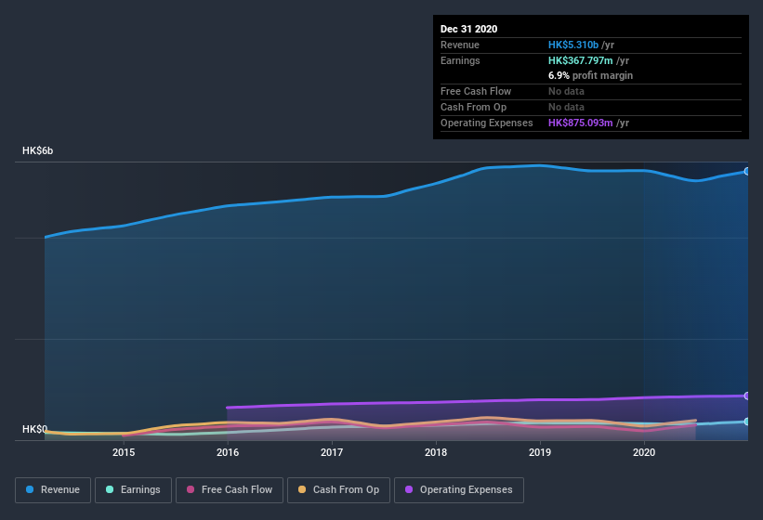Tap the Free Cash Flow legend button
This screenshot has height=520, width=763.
[x=230, y=489]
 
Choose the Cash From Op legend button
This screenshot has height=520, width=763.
[x=339, y=489]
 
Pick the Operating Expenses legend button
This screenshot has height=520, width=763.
[x=459, y=489]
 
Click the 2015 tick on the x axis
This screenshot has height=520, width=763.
[x=124, y=452]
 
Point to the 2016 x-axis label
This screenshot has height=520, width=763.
[x=228, y=452]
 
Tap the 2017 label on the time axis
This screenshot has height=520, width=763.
[x=332, y=452]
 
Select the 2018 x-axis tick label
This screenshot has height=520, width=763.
[x=436, y=452]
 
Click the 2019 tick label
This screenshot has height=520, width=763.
[x=540, y=452]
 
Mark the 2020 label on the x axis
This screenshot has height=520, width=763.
[x=644, y=452]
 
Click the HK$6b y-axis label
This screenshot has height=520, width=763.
[x=38, y=150]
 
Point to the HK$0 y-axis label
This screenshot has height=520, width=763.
[x=34, y=429]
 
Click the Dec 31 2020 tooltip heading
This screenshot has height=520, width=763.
[x=469, y=29]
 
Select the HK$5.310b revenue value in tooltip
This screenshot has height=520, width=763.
[x=573, y=45]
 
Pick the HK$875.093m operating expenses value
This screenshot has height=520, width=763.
[x=582, y=123]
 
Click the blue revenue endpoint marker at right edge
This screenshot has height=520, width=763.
[x=746, y=171]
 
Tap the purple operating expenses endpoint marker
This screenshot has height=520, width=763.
[x=746, y=396]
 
